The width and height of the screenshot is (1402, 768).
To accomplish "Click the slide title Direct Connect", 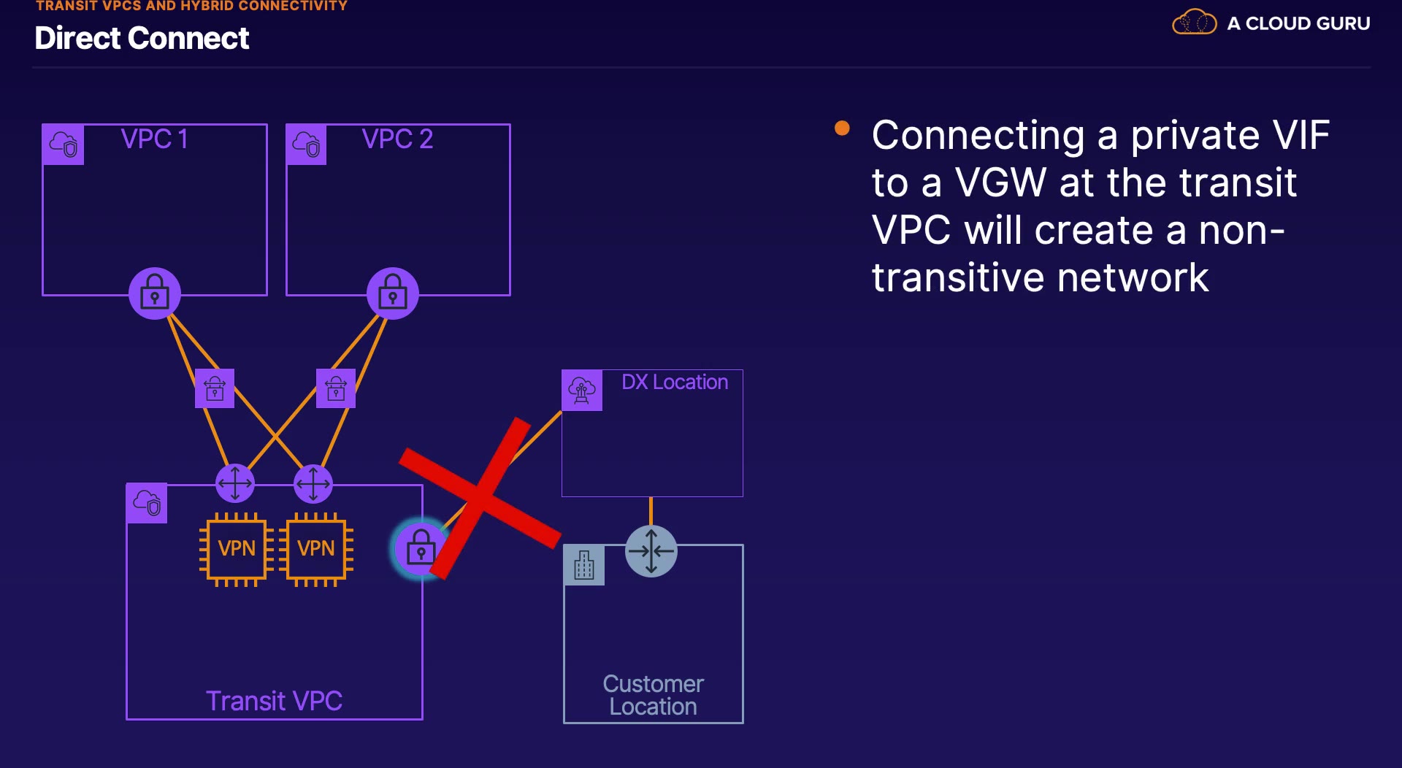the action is click(x=142, y=38).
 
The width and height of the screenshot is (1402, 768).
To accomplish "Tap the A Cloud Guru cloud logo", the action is click(x=1194, y=22).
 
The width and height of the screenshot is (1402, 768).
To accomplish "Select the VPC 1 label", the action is click(x=155, y=139).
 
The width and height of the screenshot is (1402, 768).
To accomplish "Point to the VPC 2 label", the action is click(x=398, y=139).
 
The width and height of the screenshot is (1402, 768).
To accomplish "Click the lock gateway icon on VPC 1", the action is click(x=155, y=293).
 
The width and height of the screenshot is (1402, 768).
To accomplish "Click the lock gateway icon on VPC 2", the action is click(x=393, y=293).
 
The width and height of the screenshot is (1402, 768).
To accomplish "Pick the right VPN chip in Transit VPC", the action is click(x=316, y=549).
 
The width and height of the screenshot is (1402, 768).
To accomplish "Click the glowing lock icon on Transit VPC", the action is click(x=420, y=548).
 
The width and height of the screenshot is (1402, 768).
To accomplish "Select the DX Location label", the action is click(x=675, y=382).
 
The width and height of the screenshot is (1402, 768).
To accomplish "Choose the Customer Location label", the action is click(x=654, y=695).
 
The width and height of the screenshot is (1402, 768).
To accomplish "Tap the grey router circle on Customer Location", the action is click(x=651, y=551).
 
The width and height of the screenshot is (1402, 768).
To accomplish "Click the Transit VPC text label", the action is click(x=275, y=701).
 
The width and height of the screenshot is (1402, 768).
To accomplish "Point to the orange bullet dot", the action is click(x=842, y=128).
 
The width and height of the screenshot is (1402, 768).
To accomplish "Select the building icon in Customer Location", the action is click(x=584, y=565).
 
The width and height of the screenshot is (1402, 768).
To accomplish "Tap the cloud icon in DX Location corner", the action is click(x=582, y=391).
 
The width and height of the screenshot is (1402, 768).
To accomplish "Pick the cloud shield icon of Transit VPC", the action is click(x=147, y=503).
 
